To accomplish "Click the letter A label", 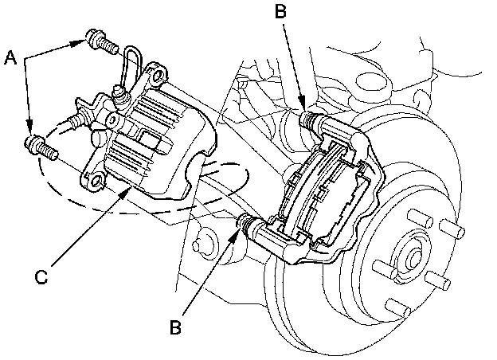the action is coord(10,59).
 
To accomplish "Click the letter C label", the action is coord(41,276).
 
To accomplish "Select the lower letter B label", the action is coord(175,327).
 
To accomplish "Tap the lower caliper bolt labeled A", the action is coord(41,147).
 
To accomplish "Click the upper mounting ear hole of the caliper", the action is coord(158,76).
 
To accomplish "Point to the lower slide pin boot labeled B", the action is coord(250,223).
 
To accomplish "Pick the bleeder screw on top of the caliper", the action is coord(121,95).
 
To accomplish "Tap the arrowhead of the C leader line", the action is coord(127,192).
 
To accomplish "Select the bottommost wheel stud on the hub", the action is coord(398,307).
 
